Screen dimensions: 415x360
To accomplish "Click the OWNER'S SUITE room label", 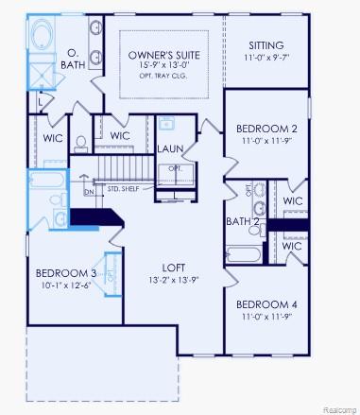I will [163, 56].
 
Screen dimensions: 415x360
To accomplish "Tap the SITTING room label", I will [266, 45].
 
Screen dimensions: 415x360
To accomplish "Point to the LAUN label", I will [171, 148].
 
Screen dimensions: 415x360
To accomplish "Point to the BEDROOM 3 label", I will [67, 272].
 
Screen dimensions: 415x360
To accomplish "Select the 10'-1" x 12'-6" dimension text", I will [67, 285].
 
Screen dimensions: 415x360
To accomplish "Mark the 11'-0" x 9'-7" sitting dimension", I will [266, 59].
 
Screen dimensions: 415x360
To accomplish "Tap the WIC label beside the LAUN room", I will [120, 136].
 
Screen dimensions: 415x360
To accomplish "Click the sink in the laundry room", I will [167, 123].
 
